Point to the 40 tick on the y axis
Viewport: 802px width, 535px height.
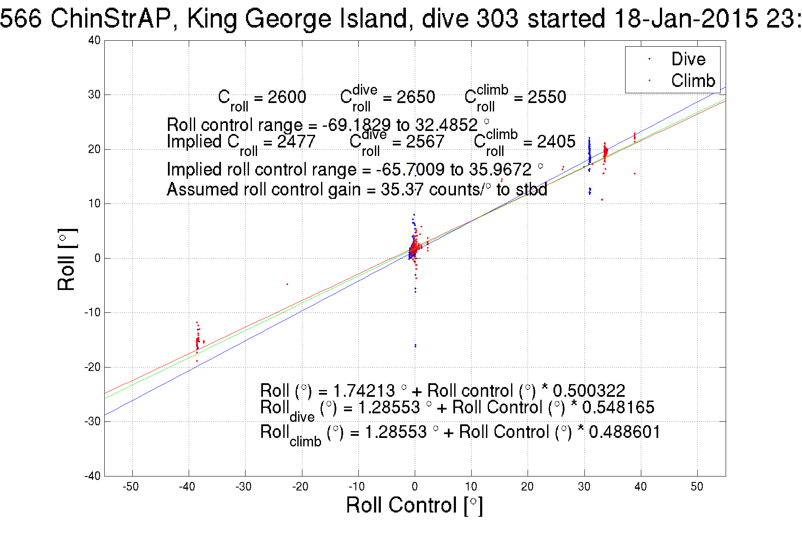(94, 40)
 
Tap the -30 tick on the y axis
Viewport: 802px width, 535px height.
(92, 421)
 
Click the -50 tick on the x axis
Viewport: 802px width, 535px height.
(131, 487)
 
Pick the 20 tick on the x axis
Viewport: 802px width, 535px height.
(527, 487)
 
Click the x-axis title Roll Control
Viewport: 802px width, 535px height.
(414, 505)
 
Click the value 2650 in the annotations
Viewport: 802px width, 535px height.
(416, 97)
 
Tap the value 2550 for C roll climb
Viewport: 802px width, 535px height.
(547, 97)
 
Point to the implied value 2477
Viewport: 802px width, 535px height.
(296, 142)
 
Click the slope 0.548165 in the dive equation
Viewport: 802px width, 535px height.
(618, 407)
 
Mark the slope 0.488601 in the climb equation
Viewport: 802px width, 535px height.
(624, 432)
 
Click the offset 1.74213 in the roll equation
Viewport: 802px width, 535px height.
(364, 390)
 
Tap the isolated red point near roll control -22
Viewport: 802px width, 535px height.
(287, 284)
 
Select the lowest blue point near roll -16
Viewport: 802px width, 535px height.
(415, 346)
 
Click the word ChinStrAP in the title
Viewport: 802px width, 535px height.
(110, 19)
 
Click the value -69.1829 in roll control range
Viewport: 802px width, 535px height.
(356, 125)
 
